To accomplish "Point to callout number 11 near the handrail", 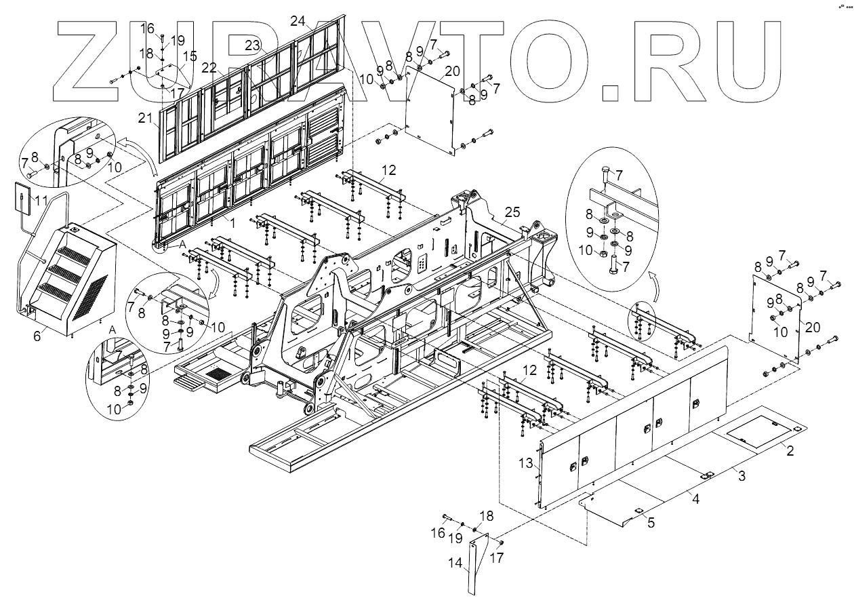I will tap(42, 200).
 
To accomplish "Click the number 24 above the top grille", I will tap(298, 20).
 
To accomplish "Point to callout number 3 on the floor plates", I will tap(741, 477).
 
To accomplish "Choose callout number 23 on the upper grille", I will tap(252, 45).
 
